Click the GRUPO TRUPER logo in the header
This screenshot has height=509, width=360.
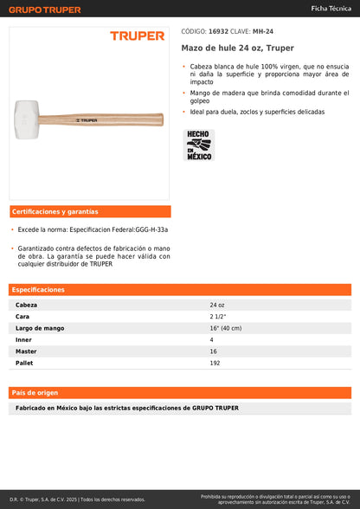point(46,9)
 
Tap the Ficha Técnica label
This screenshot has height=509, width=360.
point(331,8)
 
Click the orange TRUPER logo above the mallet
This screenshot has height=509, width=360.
point(137,36)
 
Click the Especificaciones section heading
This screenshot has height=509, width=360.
point(39,290)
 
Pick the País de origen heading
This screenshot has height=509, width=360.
point(35,393)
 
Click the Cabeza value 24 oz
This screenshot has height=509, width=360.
point(216,305)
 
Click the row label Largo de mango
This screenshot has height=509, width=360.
point(40,328)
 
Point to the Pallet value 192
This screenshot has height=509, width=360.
point(215,363)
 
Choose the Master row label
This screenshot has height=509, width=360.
point(26,351)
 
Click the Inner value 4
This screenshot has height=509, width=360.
point(211,339)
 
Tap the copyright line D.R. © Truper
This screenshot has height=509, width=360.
point(77,499)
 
